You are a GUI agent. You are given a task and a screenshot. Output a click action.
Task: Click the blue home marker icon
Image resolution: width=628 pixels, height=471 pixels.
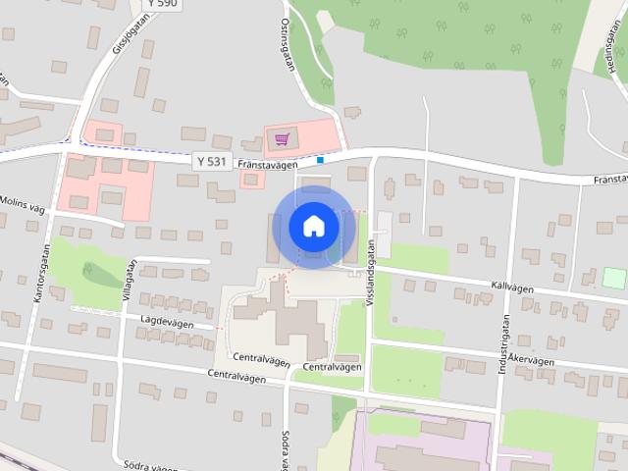point(313,227)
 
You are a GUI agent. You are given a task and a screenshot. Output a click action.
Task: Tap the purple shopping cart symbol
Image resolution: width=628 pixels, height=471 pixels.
point(283,139)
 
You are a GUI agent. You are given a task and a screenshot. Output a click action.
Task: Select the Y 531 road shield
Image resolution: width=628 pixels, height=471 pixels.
point(210,161)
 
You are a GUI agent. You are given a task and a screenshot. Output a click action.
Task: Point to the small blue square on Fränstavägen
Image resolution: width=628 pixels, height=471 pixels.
point(321,159)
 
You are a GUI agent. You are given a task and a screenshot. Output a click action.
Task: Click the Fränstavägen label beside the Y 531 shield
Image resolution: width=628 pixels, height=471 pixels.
point(261,165)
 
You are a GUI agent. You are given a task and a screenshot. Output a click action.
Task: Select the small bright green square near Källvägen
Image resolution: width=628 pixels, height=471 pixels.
point(613,278)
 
